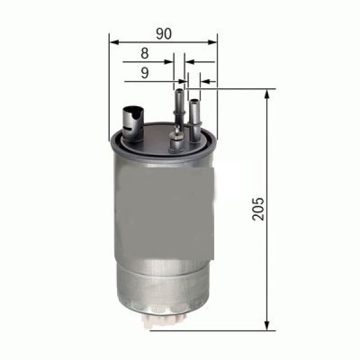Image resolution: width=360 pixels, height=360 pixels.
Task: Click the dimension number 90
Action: (163, 34)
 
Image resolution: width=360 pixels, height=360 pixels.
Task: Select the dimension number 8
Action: (145, 53)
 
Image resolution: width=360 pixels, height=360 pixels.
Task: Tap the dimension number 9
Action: (145, 73)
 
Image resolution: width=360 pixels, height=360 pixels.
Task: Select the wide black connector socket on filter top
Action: (133, 122)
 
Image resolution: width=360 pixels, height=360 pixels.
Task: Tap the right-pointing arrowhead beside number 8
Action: (170, 62)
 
